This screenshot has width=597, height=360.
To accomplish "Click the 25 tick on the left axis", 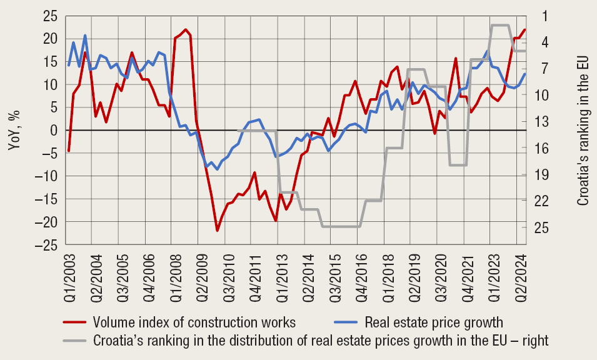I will (50, 16).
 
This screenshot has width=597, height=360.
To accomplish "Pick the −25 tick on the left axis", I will (47, 245).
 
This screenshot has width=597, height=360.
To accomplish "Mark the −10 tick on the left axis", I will (47, 176).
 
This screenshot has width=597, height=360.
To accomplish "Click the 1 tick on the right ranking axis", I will (545, 16).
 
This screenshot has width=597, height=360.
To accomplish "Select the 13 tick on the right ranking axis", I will (543, 121).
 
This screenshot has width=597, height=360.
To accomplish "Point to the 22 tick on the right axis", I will (543, 201).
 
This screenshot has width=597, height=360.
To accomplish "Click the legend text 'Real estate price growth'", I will (434, 323).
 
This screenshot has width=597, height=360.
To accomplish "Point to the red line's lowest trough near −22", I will (218, 231).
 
